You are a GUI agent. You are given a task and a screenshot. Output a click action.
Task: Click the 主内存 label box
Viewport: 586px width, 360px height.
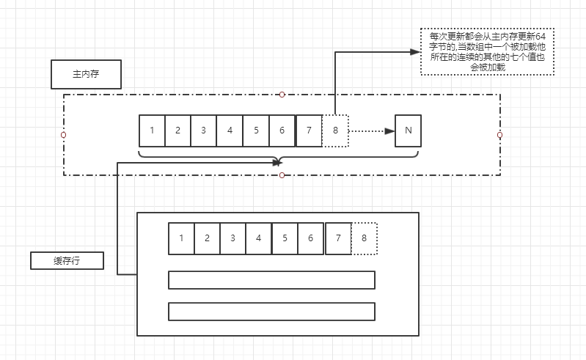tap(86, 74)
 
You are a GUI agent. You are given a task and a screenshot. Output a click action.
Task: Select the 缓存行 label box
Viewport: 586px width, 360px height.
tap(67, 261)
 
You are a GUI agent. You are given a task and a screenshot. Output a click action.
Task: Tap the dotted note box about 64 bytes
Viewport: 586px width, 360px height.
tap(488, 51)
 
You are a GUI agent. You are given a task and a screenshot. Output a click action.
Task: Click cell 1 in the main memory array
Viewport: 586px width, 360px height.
tap(152, 131)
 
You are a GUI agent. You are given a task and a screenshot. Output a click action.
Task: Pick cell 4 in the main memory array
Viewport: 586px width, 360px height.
tap(230, 131)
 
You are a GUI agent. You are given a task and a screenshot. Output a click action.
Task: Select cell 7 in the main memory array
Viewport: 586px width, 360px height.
tap(309, 131)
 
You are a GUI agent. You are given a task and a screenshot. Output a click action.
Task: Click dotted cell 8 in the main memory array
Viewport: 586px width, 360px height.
tap(335, 131)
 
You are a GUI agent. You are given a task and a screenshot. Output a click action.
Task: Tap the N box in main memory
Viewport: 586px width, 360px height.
tap(409, 131)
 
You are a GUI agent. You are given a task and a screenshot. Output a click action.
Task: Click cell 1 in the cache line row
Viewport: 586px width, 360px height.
tap(181, 238)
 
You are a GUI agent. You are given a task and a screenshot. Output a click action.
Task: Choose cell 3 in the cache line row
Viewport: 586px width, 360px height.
tap(232, 238)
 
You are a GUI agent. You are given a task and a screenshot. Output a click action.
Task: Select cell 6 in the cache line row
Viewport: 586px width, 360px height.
tap(310, 238)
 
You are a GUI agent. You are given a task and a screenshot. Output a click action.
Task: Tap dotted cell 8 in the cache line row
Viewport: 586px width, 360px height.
tap(364, 238)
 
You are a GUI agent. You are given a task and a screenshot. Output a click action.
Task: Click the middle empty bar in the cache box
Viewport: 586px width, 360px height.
tap(271, 280)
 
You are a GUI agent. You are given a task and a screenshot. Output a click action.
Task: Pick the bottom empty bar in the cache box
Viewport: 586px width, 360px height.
tap(271, 312)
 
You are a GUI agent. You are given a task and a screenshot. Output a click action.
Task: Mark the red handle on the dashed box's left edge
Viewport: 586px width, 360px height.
tap(64, 135)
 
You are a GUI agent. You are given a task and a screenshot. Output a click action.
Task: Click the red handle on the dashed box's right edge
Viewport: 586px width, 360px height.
tap(499, 135)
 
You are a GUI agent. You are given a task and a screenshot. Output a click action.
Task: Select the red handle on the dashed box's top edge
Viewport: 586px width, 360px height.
tap(282, 95)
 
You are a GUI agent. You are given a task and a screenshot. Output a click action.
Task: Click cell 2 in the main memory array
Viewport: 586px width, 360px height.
tap(177, 131)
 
